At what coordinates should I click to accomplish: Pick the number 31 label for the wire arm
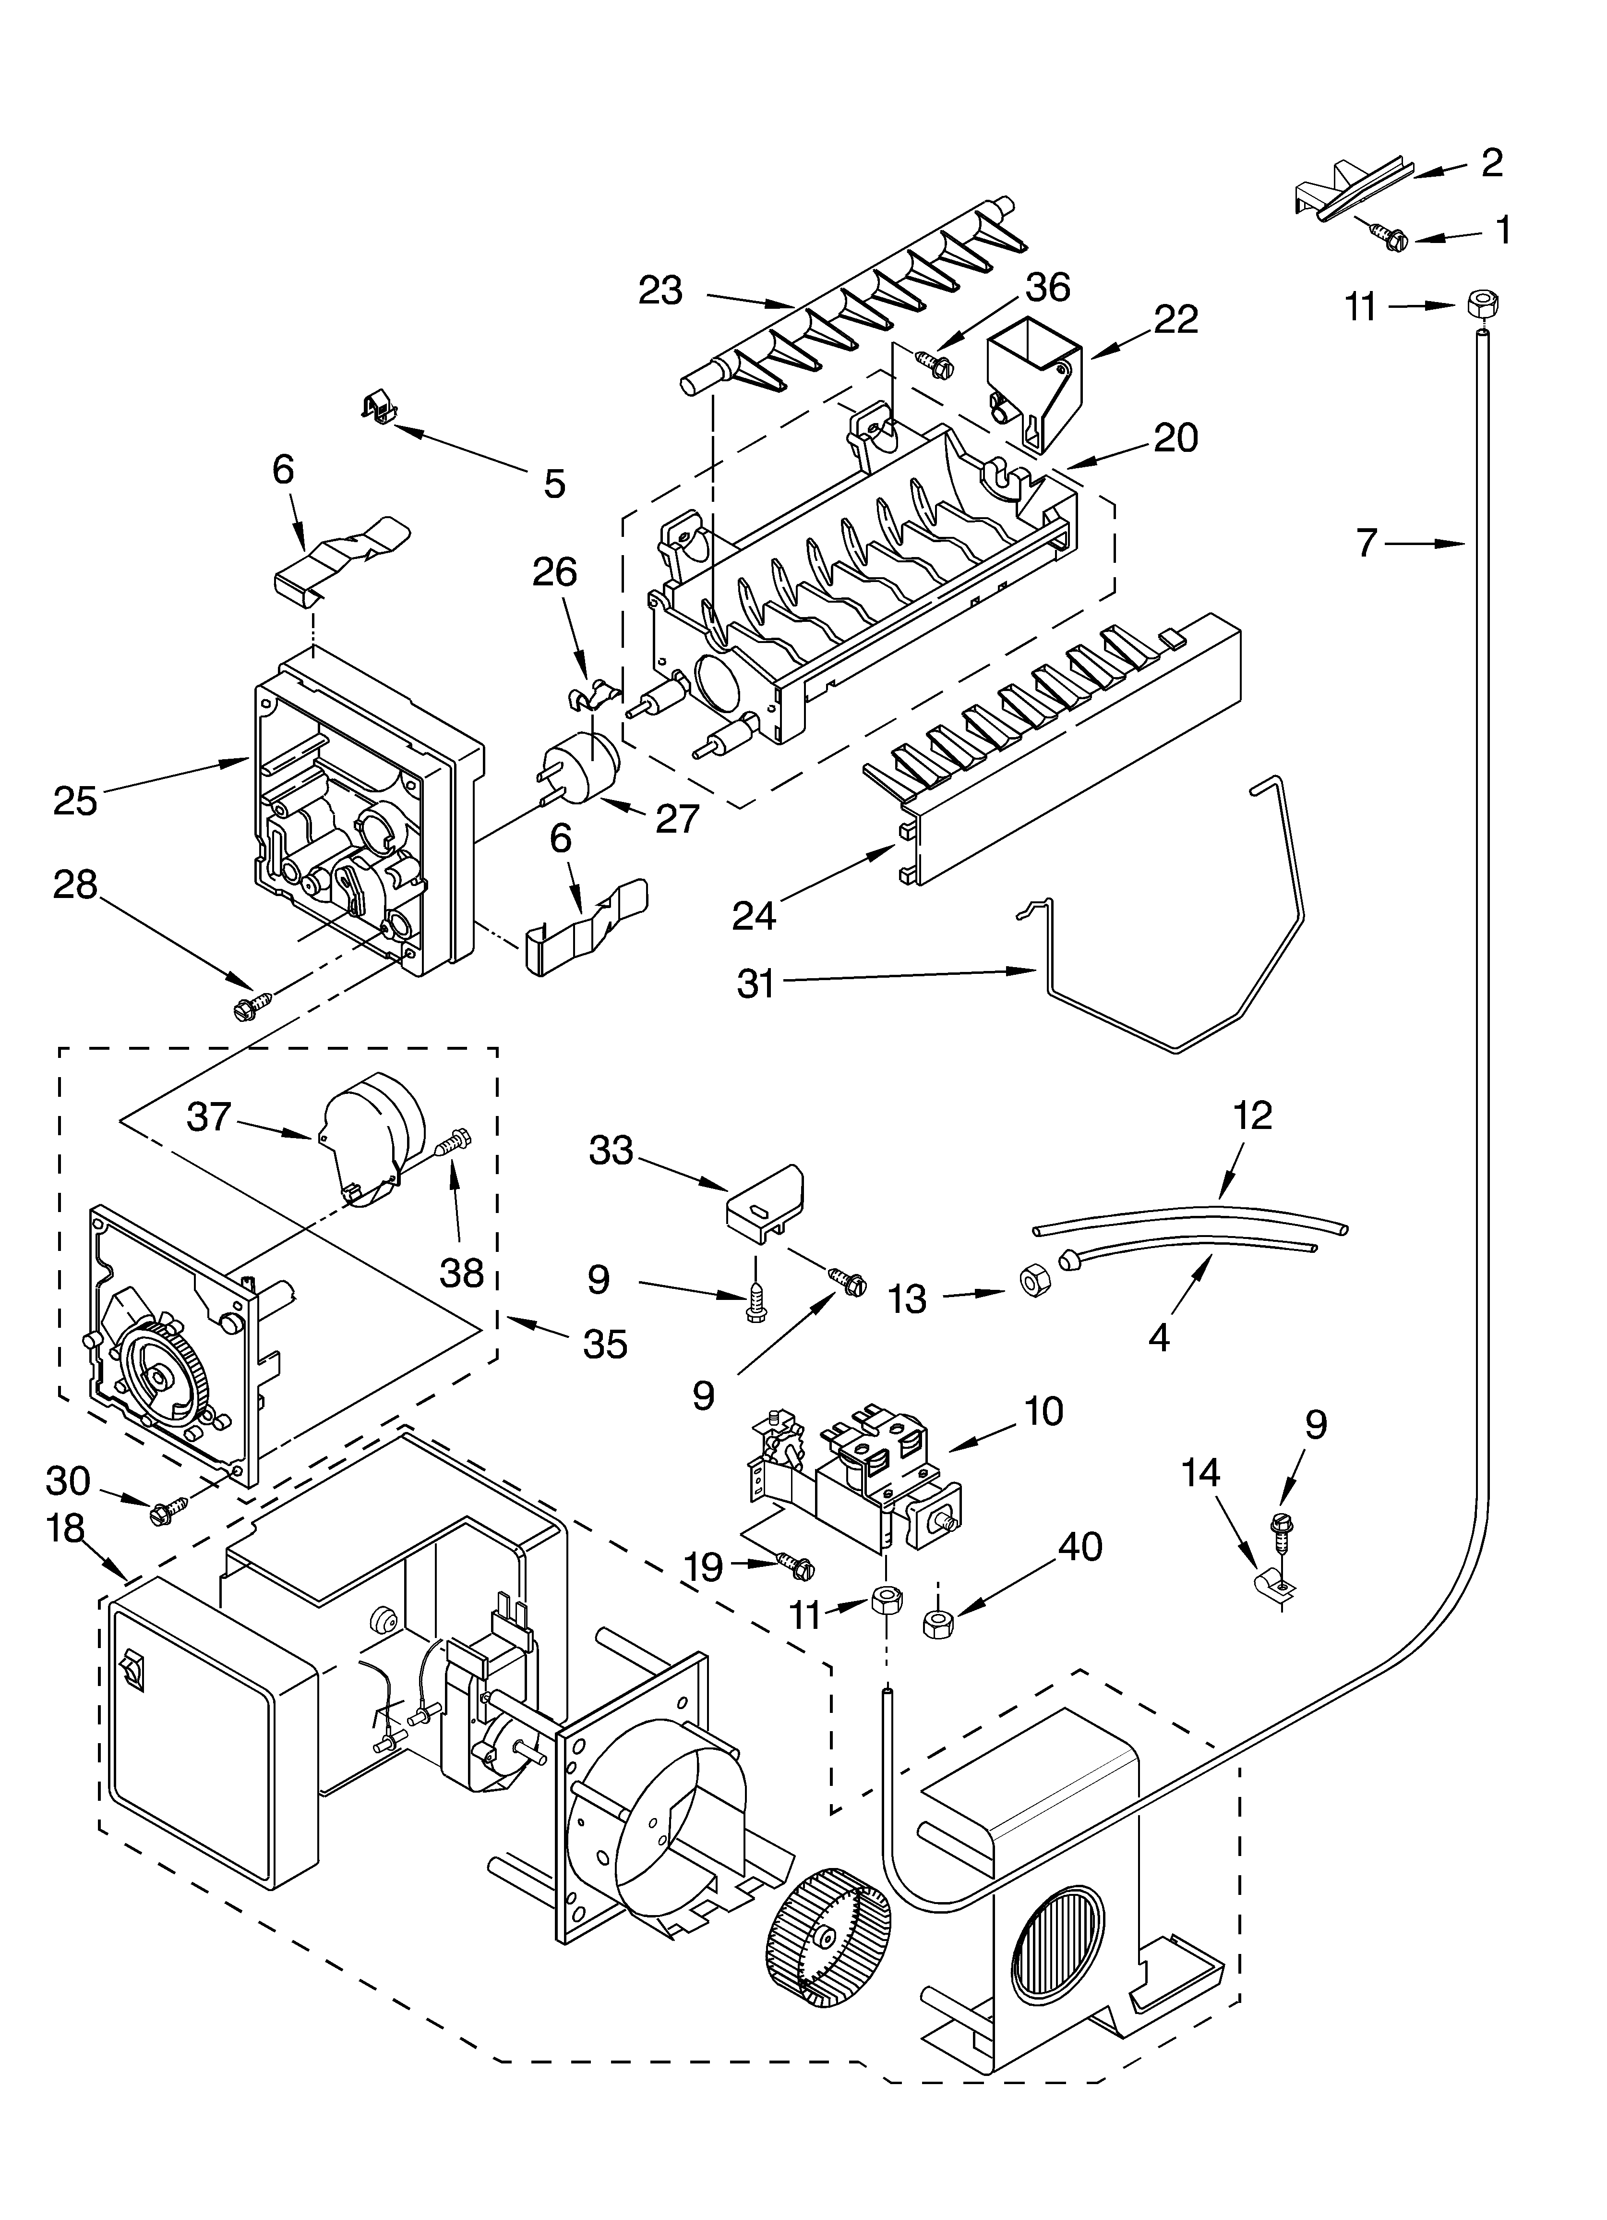[756, 984]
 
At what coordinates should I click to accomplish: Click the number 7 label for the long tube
[1367, 541]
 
